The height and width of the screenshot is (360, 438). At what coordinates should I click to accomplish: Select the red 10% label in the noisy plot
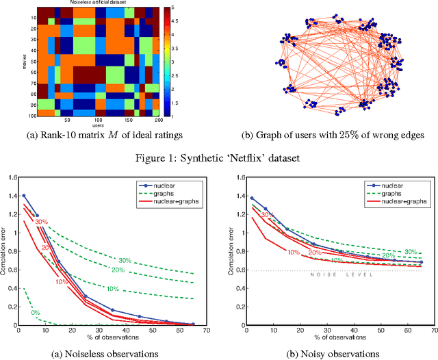(x=294, y=252)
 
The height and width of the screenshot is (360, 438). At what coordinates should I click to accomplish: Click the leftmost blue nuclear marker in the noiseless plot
(x=23, y=195)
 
